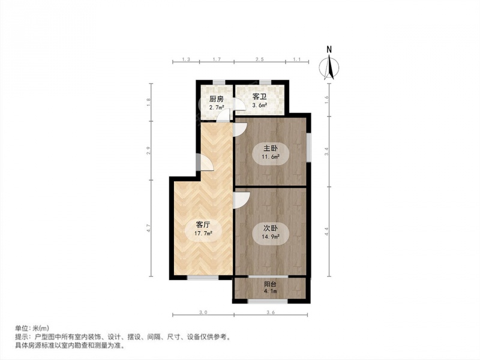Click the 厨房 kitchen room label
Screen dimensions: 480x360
[216, 99]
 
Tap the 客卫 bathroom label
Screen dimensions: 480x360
[260, 97]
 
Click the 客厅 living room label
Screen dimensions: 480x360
[203, 224]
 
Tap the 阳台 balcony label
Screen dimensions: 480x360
[271, 284]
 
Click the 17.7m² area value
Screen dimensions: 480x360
[203, 233]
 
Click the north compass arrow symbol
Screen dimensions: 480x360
[329, 67]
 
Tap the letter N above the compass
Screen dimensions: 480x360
[329, 49]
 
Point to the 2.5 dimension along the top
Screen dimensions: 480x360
[260, 59]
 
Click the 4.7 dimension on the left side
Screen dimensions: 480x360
[148, 228]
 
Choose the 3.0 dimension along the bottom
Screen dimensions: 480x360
[203, 313]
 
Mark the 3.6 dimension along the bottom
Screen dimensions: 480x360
[271, 313]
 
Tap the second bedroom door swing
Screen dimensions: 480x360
[242, 200]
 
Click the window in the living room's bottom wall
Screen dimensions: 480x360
[203, 278]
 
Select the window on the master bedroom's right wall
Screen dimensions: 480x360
[308, 146]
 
